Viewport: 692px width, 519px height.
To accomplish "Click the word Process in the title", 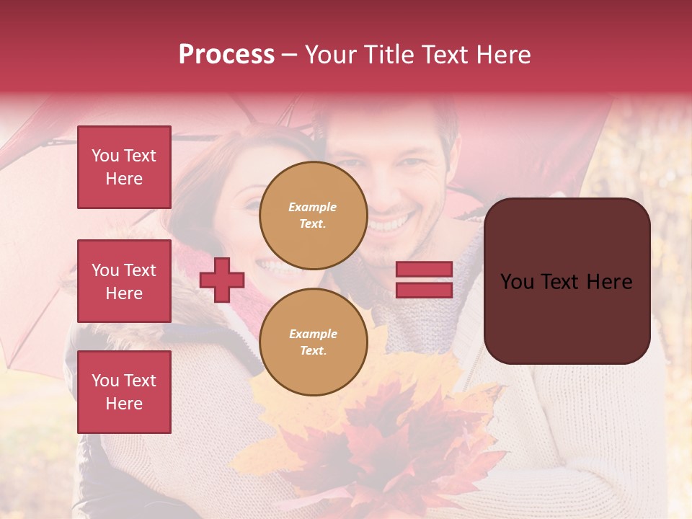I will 226,55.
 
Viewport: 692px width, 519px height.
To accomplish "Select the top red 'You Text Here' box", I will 124,167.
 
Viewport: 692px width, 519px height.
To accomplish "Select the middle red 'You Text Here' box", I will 124,281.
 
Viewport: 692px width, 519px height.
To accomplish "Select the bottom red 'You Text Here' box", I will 124,391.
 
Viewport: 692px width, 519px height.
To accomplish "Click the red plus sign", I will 222,280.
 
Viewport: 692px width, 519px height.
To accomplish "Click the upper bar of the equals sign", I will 424,269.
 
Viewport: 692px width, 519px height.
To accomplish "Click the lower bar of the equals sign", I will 424,290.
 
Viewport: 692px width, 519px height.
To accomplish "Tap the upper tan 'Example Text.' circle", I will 313,216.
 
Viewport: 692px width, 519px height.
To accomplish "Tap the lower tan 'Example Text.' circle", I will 313,342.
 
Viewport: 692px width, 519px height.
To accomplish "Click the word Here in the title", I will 502,55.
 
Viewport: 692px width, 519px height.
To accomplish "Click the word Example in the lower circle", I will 313,334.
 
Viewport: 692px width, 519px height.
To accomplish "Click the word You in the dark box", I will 517,282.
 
